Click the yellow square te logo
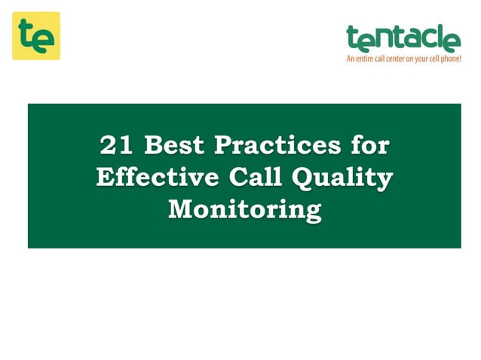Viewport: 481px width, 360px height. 35,36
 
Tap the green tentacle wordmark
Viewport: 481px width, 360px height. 403,38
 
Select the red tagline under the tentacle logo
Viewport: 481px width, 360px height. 403,58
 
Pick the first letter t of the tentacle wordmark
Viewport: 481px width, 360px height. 351,38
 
